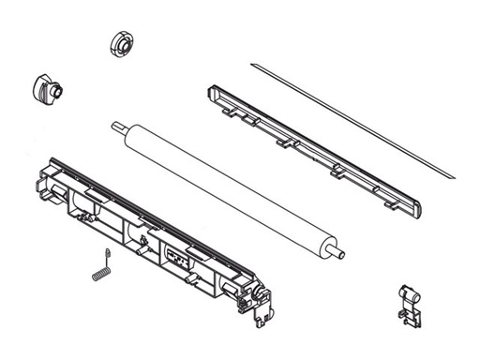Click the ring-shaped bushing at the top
(121, 43)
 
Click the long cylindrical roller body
(225, 187)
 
